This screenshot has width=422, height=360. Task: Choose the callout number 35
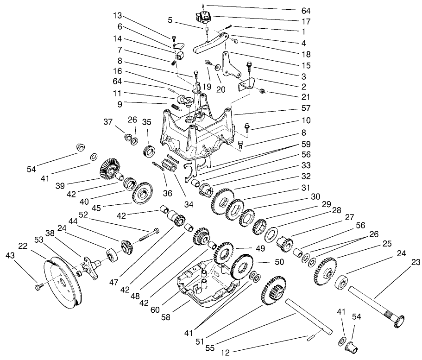click(147, 123)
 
